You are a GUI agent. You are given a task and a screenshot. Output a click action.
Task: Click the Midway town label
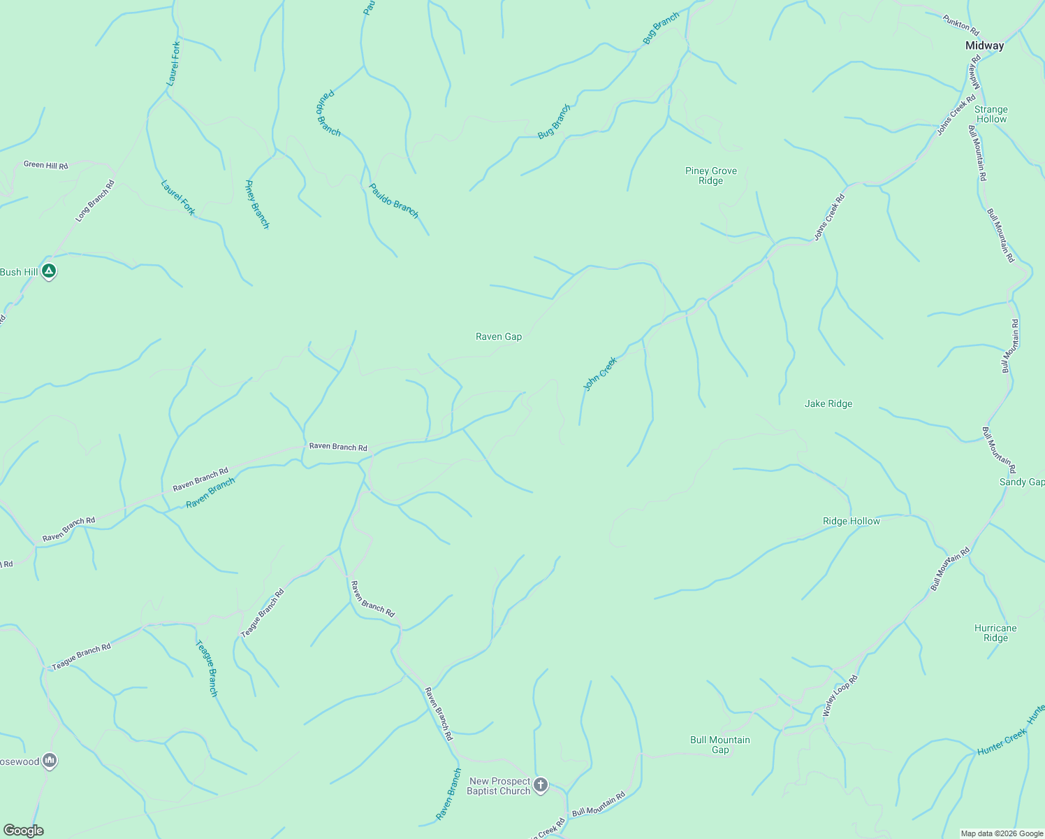tap(984, 45)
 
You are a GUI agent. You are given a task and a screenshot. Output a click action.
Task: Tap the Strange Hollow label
tap(991, 114)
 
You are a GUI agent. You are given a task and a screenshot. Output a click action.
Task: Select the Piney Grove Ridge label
tap(710, 175)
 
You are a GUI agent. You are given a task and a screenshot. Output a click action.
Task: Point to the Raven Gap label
tap(499, 336)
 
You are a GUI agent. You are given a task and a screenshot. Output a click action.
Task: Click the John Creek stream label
tap(601, 373)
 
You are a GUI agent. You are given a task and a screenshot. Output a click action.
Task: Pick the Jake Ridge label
tap(828, 403)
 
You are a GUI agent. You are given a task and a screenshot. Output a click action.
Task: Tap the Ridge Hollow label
tap(851, 521)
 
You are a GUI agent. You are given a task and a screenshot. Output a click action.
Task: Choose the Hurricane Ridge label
tap(995, 633)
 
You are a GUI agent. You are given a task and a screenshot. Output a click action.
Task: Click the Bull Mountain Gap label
tap(719, 745)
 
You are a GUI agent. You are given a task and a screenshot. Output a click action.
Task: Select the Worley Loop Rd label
tap(840, 696)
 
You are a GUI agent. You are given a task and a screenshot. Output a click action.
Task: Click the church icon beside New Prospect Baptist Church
tap(540, 786)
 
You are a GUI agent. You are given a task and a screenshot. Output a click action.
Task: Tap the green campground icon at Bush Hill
tap(48, 271)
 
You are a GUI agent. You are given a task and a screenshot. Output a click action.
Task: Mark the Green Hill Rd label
tap(46, 165)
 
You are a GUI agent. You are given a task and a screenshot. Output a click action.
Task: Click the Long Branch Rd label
tap(95, 201)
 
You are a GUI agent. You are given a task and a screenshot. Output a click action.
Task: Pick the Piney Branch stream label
tap(256, 204)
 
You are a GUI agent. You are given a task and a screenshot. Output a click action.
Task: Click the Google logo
tap(23, 831)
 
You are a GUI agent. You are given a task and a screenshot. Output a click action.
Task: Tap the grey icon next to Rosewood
tap(49, 761)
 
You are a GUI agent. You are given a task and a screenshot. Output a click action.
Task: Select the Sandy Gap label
tap(1021, 482)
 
